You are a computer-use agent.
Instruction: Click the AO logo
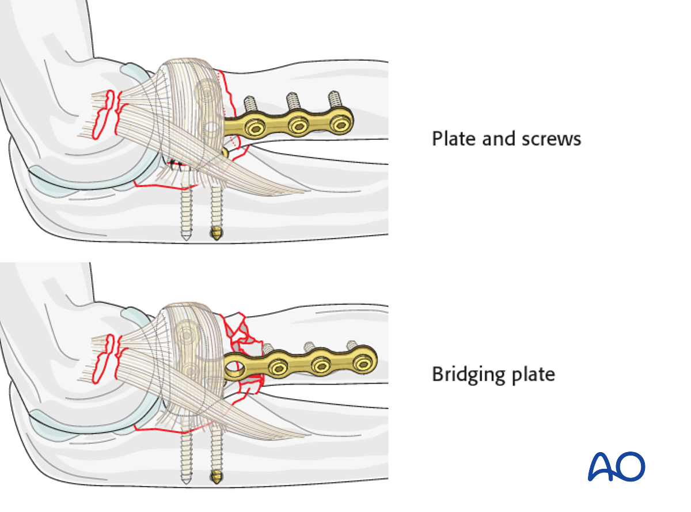tap(616, 467)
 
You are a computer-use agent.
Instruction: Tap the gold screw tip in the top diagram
tap(216, 234)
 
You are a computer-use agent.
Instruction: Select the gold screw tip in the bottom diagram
tap(216, 476)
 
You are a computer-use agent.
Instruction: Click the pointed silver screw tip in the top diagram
tap(187, 237)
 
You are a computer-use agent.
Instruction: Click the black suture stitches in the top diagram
tap(175, 165)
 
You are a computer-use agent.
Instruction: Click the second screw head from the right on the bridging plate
tap(320, 365)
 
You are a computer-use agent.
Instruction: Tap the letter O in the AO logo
tap(631, 467)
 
